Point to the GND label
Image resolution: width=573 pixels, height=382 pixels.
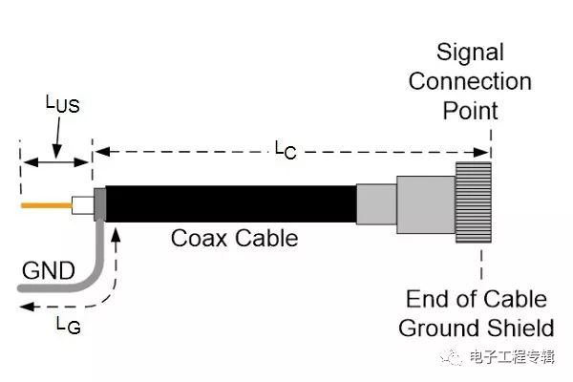[x=48, y=271]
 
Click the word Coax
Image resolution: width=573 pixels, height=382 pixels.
[x=201, y=238]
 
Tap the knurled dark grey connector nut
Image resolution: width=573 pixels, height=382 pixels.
[x=474, y=203]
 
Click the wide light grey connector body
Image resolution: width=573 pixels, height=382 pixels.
[x=426, y=203]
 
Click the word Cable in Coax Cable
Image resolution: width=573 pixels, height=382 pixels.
[x=266, y=238]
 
